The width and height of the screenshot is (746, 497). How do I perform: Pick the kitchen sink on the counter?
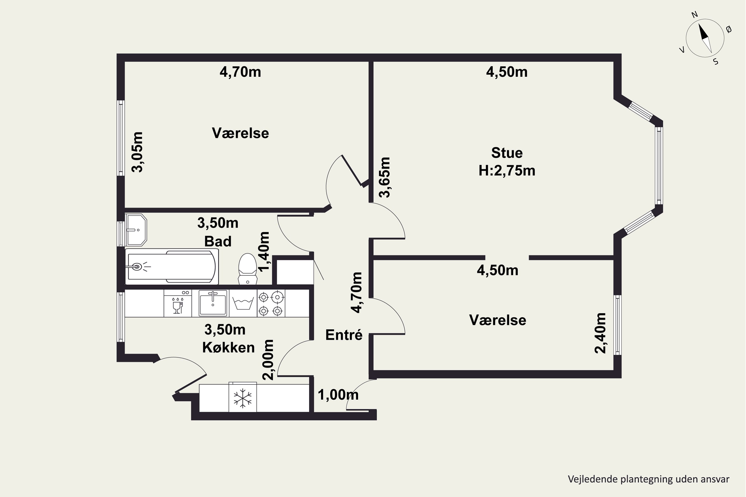coord(213,303)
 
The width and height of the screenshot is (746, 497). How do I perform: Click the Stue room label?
coord(507,153)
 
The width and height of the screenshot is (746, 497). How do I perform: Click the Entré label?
coord(344,335)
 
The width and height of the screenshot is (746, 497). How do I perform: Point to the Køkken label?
coord(228,348)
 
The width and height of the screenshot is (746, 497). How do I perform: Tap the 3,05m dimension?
coord(137,152)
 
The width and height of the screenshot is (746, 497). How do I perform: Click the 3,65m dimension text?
coord(385,177)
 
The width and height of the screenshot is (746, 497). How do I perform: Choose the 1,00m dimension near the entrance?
coord(338,395)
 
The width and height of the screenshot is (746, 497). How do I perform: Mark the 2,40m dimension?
coord(600,333)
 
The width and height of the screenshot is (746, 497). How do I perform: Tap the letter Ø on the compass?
coord(729,30)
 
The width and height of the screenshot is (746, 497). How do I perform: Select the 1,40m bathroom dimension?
coord(264,252)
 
